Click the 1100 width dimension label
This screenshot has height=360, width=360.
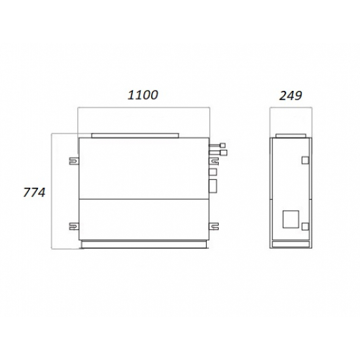pos(143,95)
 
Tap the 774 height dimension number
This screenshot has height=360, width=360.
pos(34,192)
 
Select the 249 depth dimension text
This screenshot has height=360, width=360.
pos(291,96)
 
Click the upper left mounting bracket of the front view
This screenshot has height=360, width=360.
pos(74,161)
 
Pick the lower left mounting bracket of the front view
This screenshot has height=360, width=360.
pos(74,226)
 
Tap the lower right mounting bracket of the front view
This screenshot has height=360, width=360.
pos(214,226)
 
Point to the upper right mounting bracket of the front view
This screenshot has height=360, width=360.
pos(214,161)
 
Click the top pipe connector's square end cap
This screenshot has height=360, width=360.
pos(223,145)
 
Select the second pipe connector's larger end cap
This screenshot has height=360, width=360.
pos(223,153)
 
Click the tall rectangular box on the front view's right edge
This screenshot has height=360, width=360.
pos(213,186)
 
